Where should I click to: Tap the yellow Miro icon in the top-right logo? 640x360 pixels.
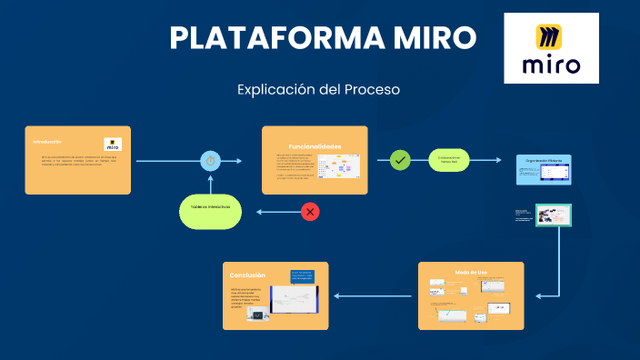[550, 36]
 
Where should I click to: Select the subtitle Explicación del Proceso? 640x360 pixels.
[318, 90]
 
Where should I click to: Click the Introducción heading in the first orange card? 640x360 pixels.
[47, 142]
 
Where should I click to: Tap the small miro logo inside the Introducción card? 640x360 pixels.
[113, 145]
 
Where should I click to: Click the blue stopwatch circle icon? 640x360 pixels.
[211, 161]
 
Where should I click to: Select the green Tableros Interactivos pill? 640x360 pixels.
[210, 207]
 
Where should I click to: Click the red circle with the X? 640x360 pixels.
[310, 212]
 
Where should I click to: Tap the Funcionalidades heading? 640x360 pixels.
[315, 146]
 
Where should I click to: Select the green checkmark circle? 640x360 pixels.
[400, 160]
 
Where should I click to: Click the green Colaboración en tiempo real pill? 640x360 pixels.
[449, 160]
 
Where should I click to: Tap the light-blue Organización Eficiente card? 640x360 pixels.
[543, 170]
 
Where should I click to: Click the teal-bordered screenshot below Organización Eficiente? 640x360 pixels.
[553, 215]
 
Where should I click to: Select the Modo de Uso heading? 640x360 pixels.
[471, 272]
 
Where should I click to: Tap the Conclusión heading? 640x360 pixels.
[247, 275]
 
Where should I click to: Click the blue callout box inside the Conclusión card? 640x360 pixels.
[301, 276]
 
